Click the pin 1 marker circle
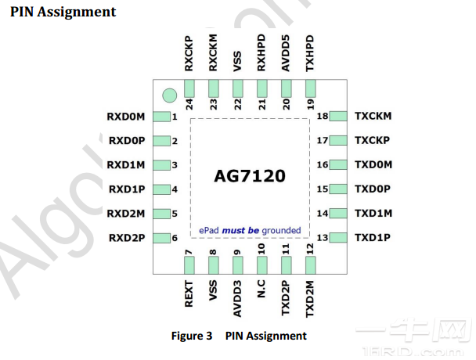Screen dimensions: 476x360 [x=169, y=95]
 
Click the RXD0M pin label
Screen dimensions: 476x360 [x=126, y=117]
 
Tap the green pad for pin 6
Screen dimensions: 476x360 [x=161, y=238]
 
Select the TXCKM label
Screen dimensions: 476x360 [x=373, y=116]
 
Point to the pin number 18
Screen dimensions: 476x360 [x=323, y=116]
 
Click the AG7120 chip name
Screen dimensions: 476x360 [x=250, y=176]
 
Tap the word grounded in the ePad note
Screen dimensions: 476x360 [x=281, y=230]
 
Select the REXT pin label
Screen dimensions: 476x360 [x=189, y=293]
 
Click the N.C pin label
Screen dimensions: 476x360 [x=261, y=289]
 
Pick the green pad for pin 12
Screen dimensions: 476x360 [x=311, y=265]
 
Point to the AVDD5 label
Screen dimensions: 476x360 [x=286, y=53]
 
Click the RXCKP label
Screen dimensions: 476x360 [x=189, y=54]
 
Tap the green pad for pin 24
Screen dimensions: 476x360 [x=189, y=88]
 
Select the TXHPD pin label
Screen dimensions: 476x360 [x=310, y=53]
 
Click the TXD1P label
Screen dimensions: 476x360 [x=373, y=237]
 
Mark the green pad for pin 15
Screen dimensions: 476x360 [x=338, y=189]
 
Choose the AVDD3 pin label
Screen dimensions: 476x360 [x=237, y=299]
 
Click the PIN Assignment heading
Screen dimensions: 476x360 [x=63, y=13]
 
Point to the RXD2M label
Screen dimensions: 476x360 [x=126, y=214]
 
